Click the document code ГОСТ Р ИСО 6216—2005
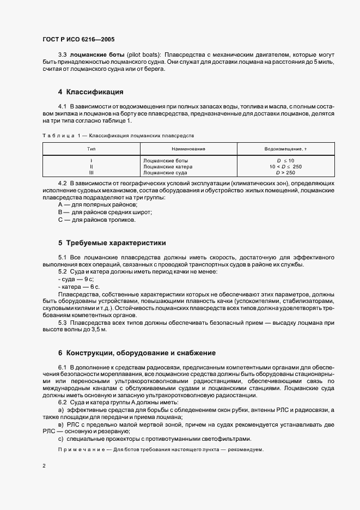point(78,39)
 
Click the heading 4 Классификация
point(91,92)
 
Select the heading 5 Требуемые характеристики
point(112,242)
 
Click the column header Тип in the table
point(91,148)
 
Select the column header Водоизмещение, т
point(285,148)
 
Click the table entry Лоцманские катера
point(168,166)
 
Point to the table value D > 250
point(285,172)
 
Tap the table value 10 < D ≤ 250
point(285,166)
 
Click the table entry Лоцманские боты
point(166,161)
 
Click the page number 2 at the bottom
point(44,466)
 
